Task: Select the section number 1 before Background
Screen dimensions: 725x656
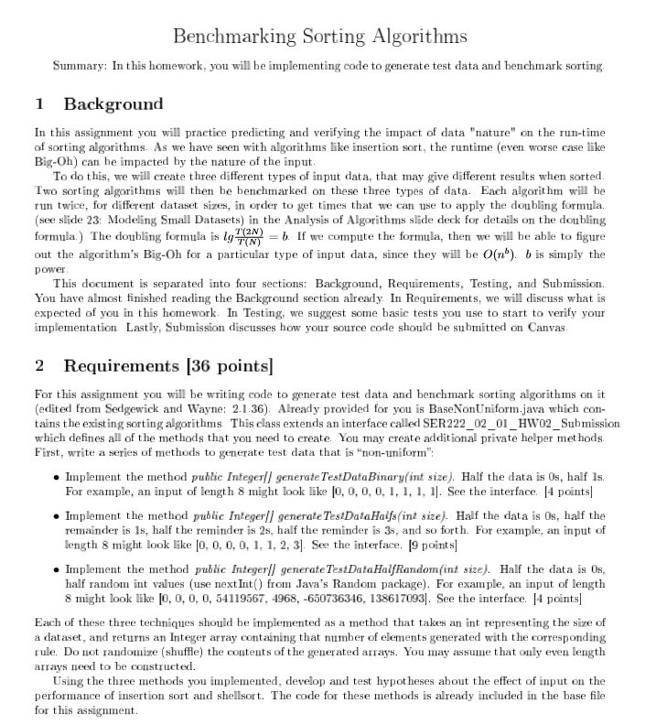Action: (x=39, y=103)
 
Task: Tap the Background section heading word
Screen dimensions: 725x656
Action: (x=113, y=103)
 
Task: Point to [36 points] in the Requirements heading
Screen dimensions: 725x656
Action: (x=229, y=366)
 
